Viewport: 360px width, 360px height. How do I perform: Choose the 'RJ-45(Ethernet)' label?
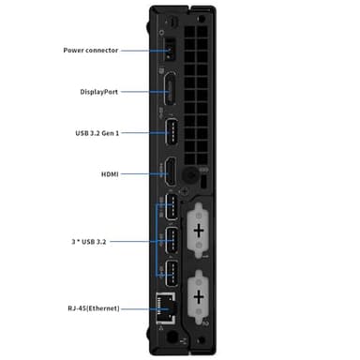pyautogui.click(x=94, y=307)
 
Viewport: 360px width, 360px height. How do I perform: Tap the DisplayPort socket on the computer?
pyautogui.click(x=172, y=91)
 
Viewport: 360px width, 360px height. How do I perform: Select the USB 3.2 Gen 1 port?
pyautogui.click(x=172, y=132)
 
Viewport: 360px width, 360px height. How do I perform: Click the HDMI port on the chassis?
pyautogui.click(x=172, y=173)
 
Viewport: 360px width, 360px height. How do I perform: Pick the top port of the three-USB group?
pyautogui.click(x=172, y=208)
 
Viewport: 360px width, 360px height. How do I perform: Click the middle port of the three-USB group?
pyautogui.click(x=172, y=239)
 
